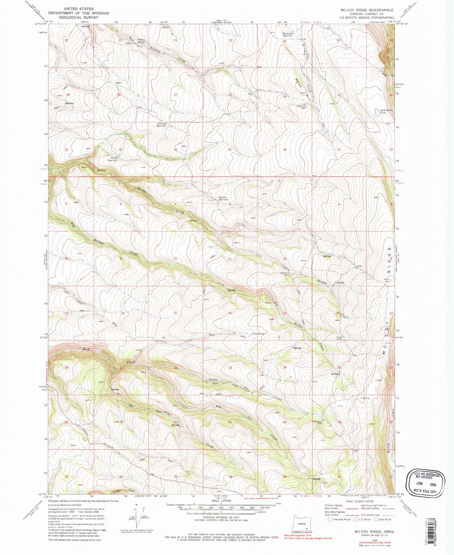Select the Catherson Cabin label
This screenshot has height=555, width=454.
pos(302,107)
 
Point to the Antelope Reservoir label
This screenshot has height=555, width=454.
pos(161,124)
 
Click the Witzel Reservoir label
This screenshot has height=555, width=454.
pos(112,159)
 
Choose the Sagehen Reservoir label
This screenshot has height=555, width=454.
pos(223,198)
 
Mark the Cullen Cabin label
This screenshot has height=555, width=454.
pos(341,338)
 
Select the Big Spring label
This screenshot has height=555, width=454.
pos(259,334)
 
